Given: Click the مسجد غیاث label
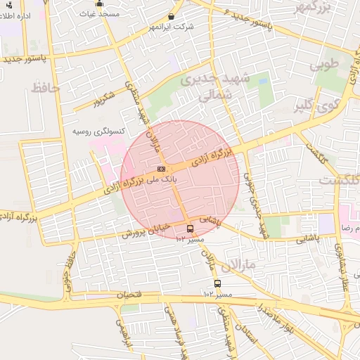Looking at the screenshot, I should [99, 14].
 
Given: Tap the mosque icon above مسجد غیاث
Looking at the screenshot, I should [99, 4].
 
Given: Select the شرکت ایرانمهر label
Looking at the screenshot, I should [172, 27].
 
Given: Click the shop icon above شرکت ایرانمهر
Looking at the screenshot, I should [172, 16].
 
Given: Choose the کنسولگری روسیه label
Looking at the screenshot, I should [100, 131].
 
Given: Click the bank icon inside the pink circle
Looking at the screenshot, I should [161, 169].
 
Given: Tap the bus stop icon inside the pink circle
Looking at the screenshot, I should [190, 229].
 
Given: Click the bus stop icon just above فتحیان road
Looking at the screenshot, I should [217, 283].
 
